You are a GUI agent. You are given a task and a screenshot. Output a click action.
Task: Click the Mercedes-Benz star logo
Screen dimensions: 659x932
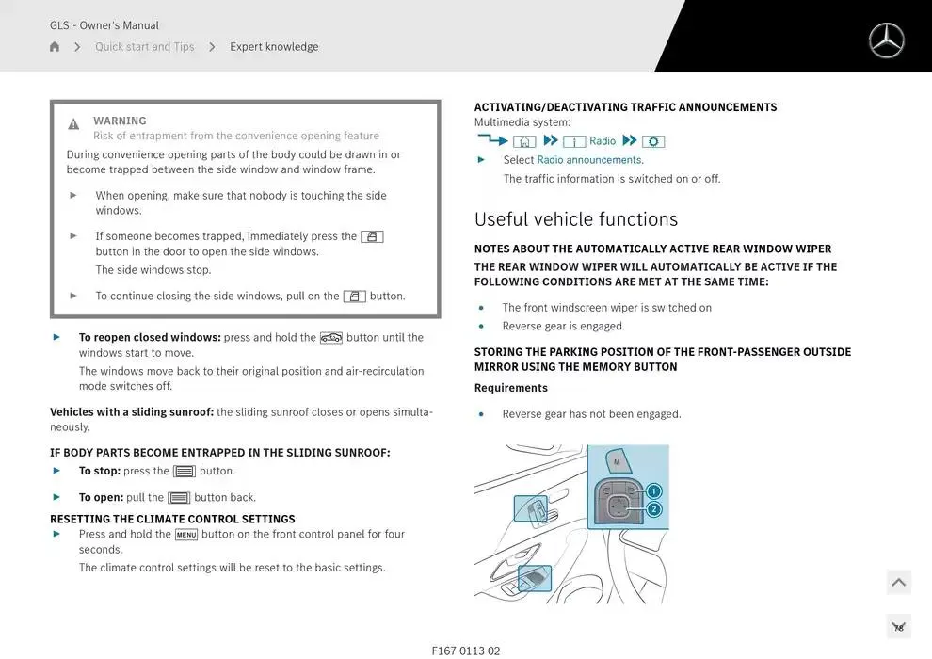885,40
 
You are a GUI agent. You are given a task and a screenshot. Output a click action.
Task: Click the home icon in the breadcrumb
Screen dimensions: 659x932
55,47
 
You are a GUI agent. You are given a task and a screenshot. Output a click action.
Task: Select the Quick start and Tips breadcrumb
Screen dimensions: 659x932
144,47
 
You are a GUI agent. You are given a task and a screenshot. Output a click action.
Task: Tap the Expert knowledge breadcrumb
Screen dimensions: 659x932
274,47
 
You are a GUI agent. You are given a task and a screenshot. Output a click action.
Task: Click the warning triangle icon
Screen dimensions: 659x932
73,124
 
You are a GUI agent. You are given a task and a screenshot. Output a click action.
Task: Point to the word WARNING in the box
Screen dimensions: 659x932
120,121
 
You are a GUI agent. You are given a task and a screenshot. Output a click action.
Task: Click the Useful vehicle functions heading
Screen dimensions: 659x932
575,219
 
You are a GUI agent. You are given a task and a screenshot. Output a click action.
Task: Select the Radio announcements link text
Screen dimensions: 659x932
589,160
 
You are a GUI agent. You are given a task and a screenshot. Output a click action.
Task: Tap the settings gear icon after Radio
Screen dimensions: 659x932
653,141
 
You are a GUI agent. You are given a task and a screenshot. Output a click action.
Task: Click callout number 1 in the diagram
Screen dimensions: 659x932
653,490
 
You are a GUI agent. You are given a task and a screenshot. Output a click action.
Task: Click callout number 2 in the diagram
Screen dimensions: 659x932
653,509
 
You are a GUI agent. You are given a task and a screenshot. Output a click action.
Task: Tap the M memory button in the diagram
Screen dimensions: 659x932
618,462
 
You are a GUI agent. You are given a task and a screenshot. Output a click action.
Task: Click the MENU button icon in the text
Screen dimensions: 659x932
186,535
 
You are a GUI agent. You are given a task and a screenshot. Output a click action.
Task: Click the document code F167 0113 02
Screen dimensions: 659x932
466,651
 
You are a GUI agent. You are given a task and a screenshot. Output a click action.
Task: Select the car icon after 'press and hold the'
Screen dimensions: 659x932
331,338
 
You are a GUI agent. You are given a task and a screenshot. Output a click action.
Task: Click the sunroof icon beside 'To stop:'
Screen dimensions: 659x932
185,472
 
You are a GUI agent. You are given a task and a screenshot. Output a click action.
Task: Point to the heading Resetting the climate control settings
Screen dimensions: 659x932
172,519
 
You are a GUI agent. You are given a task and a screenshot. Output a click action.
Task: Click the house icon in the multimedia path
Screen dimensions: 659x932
524,141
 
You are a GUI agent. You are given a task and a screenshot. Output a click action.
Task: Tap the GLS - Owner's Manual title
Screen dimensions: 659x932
104,25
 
